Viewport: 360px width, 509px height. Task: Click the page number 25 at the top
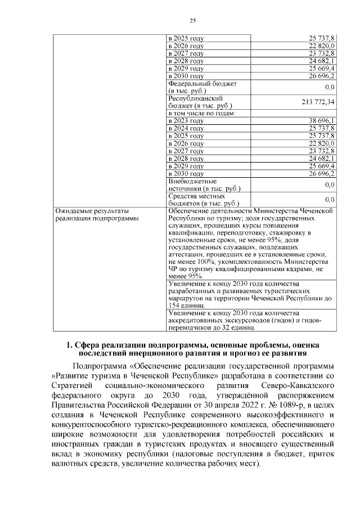[x=192, y=21]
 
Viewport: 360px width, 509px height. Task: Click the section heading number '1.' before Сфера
[x=69, y=344]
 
